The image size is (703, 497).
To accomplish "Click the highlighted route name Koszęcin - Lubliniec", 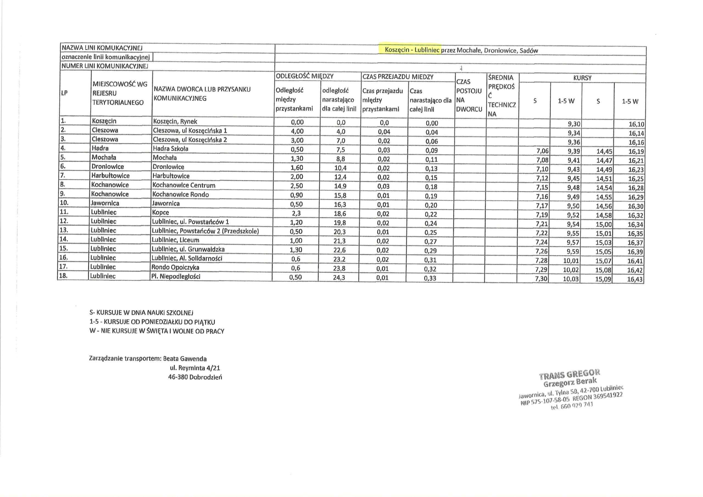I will [x=412, y=50].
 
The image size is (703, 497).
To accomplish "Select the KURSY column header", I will [x=582, y=78].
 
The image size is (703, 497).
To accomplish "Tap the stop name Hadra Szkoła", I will [x=171, y=149].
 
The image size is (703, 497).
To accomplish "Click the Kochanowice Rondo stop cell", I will [x=181, y=194].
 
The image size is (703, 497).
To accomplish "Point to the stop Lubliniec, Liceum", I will [x=175, y=240].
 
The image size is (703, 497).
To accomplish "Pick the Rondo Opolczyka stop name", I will [x=175, y=267].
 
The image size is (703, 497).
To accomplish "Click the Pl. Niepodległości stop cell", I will [x=176, y=277].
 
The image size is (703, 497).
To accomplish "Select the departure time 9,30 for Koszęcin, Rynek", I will [x=574, y=124].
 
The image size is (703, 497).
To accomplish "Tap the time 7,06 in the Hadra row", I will [x=542, y=151].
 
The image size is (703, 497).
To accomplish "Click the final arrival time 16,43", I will [x=635, y=279].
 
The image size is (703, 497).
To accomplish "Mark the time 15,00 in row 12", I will [x=604, y=224].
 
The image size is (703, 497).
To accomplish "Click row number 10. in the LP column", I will [x=64, y=203].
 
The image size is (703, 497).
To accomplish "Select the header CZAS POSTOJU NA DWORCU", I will [x=469, y=95].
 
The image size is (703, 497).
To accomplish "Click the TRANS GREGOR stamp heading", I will [x=569, y=374].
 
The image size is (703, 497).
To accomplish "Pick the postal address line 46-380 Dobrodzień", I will [x=195, y=377].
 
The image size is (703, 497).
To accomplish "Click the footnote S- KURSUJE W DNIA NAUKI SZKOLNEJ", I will [x=141, y=313].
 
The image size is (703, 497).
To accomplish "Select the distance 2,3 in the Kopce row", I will [x=296, y=213].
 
